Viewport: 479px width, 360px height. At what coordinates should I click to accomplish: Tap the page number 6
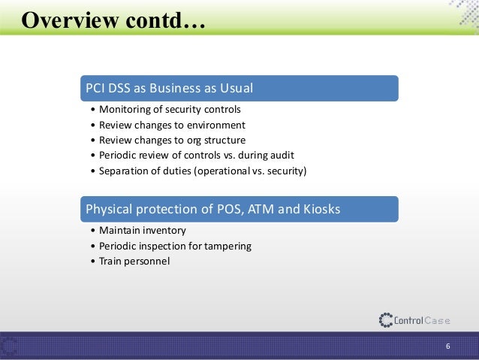447,346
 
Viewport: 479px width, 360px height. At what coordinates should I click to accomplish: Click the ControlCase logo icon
386,320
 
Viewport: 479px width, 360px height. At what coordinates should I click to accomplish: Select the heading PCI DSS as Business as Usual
169,89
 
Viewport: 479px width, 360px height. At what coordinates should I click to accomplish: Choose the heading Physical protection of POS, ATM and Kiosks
213,210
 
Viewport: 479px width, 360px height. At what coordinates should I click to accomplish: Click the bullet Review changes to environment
172,125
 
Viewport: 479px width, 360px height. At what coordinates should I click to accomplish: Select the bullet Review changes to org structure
172,140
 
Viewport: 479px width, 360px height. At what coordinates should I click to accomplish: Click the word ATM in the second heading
258,210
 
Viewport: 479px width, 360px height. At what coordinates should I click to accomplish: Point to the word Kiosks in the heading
320,210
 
